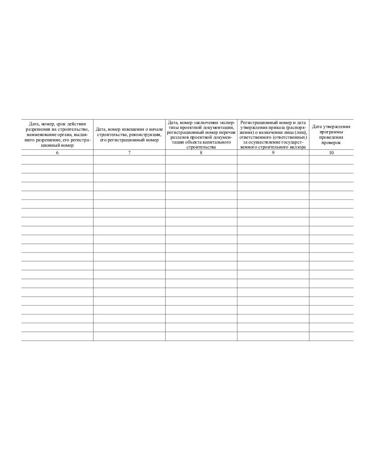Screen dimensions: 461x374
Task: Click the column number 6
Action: [57, 153]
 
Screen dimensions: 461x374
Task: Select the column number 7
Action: [129, 153]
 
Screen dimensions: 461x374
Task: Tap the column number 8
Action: [201, 153]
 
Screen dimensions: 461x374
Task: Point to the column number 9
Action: [273, 153]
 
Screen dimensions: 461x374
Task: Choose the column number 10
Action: [331, 153]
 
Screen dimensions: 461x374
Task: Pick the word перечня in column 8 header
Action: [225, 132]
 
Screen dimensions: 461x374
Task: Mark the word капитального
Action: [217, 142]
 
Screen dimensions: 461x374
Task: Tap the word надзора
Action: [297, 147]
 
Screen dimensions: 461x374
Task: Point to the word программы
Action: [331, 132]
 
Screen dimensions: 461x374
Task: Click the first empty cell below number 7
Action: [129, 160]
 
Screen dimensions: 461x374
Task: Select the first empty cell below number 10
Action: [331, 160]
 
